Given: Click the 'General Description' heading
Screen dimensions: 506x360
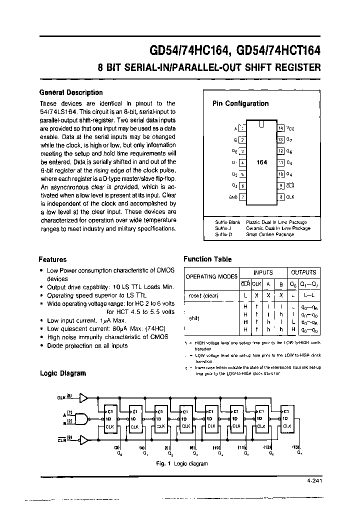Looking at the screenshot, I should pos(70,92).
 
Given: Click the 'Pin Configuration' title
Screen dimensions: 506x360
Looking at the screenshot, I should pos(240,103).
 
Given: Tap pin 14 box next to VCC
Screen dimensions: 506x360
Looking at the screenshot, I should pos(280,128).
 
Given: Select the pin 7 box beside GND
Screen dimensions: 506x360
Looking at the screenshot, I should pos(242,197).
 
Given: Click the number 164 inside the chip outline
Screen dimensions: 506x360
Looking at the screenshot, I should pos(261,162).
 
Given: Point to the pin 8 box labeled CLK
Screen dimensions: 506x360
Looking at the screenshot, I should pos(280,197).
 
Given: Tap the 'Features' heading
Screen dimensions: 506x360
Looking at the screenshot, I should pos(52,259).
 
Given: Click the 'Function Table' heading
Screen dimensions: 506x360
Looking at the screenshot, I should pos(207,259).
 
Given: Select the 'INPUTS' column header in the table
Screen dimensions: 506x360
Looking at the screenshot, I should pos(263,272).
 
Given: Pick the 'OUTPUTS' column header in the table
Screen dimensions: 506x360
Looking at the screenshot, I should pos(303,272).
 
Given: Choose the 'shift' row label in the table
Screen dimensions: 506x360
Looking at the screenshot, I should pos(194,318).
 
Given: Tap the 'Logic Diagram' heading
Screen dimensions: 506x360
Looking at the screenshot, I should pos(62,373).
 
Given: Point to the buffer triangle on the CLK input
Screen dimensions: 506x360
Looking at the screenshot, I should pos(83,397).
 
